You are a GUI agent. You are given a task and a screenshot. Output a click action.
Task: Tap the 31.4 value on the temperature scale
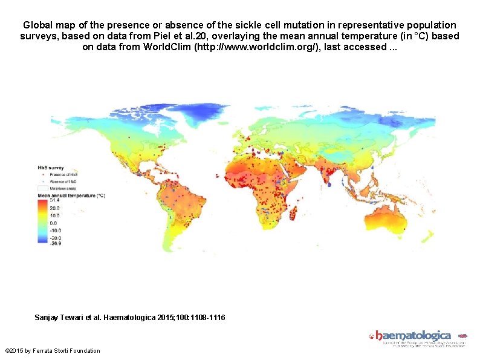(x=54, y=200)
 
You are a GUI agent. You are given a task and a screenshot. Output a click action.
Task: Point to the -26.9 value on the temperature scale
(x=54, y=243)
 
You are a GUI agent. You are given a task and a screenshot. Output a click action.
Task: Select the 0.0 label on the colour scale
(x=53, y=223)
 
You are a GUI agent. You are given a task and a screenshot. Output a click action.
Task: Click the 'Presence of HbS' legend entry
(x=63, y=174)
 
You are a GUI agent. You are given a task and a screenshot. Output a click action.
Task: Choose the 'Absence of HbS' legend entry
(x=63, y=181)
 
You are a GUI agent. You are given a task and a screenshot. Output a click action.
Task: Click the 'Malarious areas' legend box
(x=44, y=189)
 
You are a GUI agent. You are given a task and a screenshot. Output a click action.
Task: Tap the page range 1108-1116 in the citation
(x=206, y=317)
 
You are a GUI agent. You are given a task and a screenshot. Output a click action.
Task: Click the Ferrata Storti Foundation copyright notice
(x=52, y=351)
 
